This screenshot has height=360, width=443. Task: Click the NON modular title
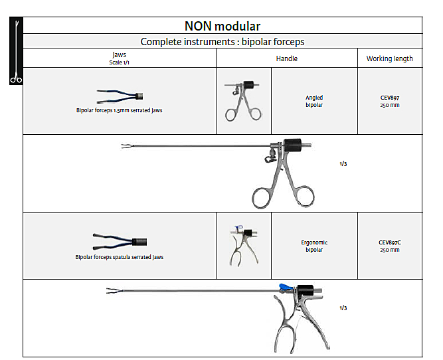(x=222, y=26)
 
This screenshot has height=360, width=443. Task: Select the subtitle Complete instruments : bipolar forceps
(x=222, y=42)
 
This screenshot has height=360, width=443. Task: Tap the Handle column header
(x=286, y=58)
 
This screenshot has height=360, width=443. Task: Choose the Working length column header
(x=389, y=58)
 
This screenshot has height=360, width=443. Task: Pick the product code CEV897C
(x=389, y=242)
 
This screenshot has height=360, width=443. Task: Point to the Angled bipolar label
(x=314, y=101)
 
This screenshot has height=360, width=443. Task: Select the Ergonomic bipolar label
(x=314, y=246)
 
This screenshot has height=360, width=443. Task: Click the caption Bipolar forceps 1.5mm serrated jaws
(x=119, y=110)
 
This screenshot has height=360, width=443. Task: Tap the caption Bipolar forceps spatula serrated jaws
(x=119, y=256)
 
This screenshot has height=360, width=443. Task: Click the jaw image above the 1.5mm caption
(x=120, y=95)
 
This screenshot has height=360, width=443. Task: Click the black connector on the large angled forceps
(x=292, y=145)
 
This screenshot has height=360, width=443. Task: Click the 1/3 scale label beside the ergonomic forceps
(x=343, y=308)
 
